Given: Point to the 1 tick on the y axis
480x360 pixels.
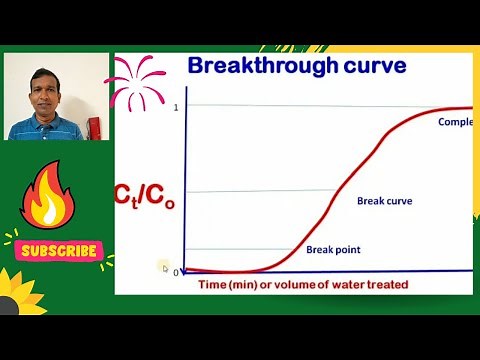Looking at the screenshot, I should click(x=176, y=106).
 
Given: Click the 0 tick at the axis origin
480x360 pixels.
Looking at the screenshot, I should click(x=176, y=272).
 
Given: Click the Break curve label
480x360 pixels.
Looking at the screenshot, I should click(x=384, y=201).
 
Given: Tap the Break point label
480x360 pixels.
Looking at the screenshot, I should click(x=333, y=250).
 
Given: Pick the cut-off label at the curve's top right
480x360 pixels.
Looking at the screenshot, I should click(x=455, y=122).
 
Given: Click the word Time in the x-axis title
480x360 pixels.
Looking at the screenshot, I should click(x=214, y=285).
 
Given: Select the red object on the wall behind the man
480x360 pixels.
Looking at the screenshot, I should click(x=94, y=128).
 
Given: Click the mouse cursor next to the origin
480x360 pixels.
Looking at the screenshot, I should click(x=163, y=266).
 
